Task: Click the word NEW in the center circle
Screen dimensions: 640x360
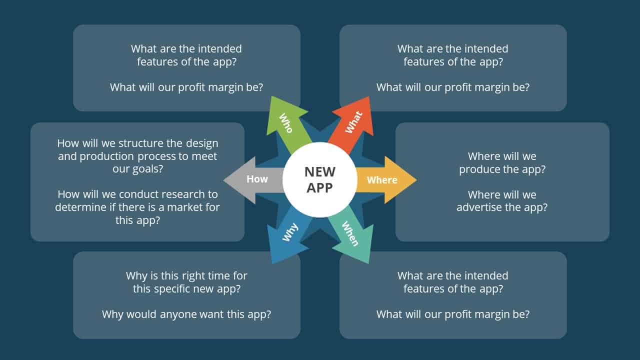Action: pos(319,172)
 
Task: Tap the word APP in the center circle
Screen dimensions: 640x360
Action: pos(319,188)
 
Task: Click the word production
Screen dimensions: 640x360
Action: pos(106,157)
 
